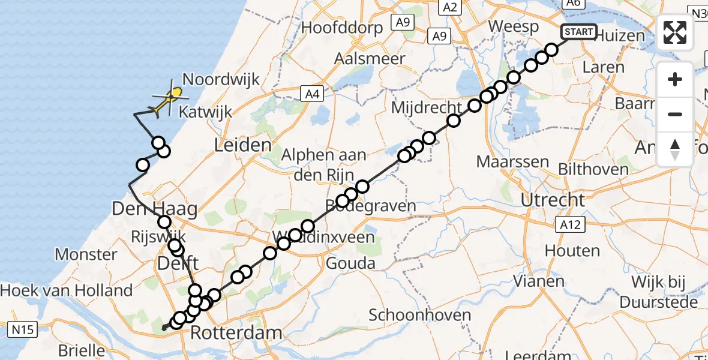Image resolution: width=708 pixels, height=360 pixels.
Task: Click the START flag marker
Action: pyautogui.click(x=578, y=32)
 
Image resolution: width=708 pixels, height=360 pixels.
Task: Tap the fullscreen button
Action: pyautogui.click(x=675, y=32)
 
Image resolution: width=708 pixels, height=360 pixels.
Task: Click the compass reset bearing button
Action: pyautogui.click(x=675, y=149)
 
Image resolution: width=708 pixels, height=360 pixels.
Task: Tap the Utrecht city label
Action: pyautogui.click(x=552, y=200)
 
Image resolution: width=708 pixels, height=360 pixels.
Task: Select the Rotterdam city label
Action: pyautogui.click(x=236, y=332)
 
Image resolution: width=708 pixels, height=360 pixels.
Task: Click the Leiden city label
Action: pyautogui.click(x=242, y=145)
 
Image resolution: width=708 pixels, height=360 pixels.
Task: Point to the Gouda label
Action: pyautogui.click(x=350, y=263)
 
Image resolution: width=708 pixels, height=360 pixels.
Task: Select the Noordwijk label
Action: pyautogui.click(x=221, y=79)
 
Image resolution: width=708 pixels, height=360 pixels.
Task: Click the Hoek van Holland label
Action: pyautogui.click(x=67, y=291)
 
